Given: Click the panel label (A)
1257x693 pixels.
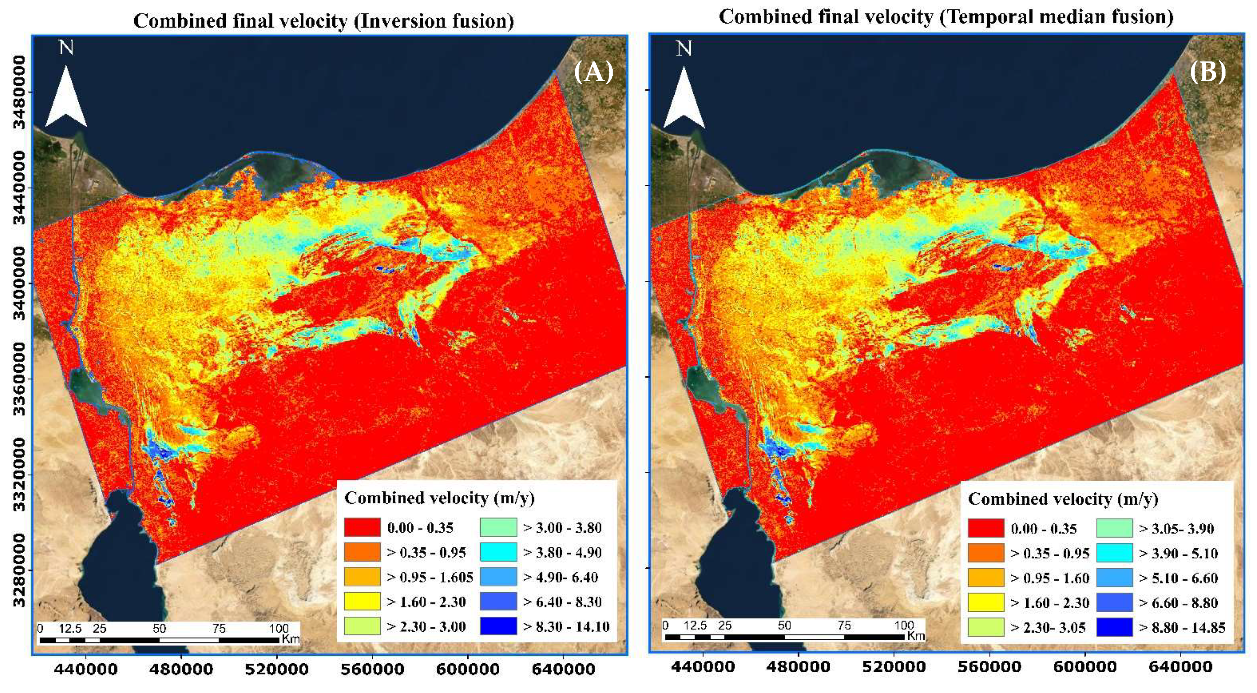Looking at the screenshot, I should click(x=593, y=72).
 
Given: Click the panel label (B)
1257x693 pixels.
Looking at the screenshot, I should click(x=1208, y=72).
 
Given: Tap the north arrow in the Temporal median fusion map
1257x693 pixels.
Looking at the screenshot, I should click(x=684, y=97).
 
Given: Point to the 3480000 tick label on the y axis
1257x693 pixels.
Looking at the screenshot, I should click(x=18, y=92).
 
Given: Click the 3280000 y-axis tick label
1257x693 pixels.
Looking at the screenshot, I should click(x=18, y=569).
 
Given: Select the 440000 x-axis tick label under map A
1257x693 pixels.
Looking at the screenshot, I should click(x=86, y=669).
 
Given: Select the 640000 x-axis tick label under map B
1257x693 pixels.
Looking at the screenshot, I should click(x=1180, y=666).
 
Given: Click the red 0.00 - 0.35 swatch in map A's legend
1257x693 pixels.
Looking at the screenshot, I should click(x=362, y=527).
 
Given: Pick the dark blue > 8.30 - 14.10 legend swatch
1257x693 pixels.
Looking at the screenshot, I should click(x=498, y=626).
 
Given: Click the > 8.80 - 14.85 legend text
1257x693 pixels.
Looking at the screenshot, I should click(x=1182, y=628).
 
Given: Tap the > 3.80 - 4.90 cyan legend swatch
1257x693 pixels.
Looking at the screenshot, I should click(x=498, y=552).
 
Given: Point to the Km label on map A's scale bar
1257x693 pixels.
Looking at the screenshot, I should click(x=290, y=639).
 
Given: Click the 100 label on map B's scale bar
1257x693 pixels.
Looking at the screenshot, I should click(x=904, y=625).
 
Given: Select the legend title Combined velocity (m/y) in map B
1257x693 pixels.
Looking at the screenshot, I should click(x=1063, y=499).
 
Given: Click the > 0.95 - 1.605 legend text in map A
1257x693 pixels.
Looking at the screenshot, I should click(x=430, y=577).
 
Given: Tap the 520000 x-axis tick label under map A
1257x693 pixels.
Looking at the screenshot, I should click(x=277, y=669).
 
